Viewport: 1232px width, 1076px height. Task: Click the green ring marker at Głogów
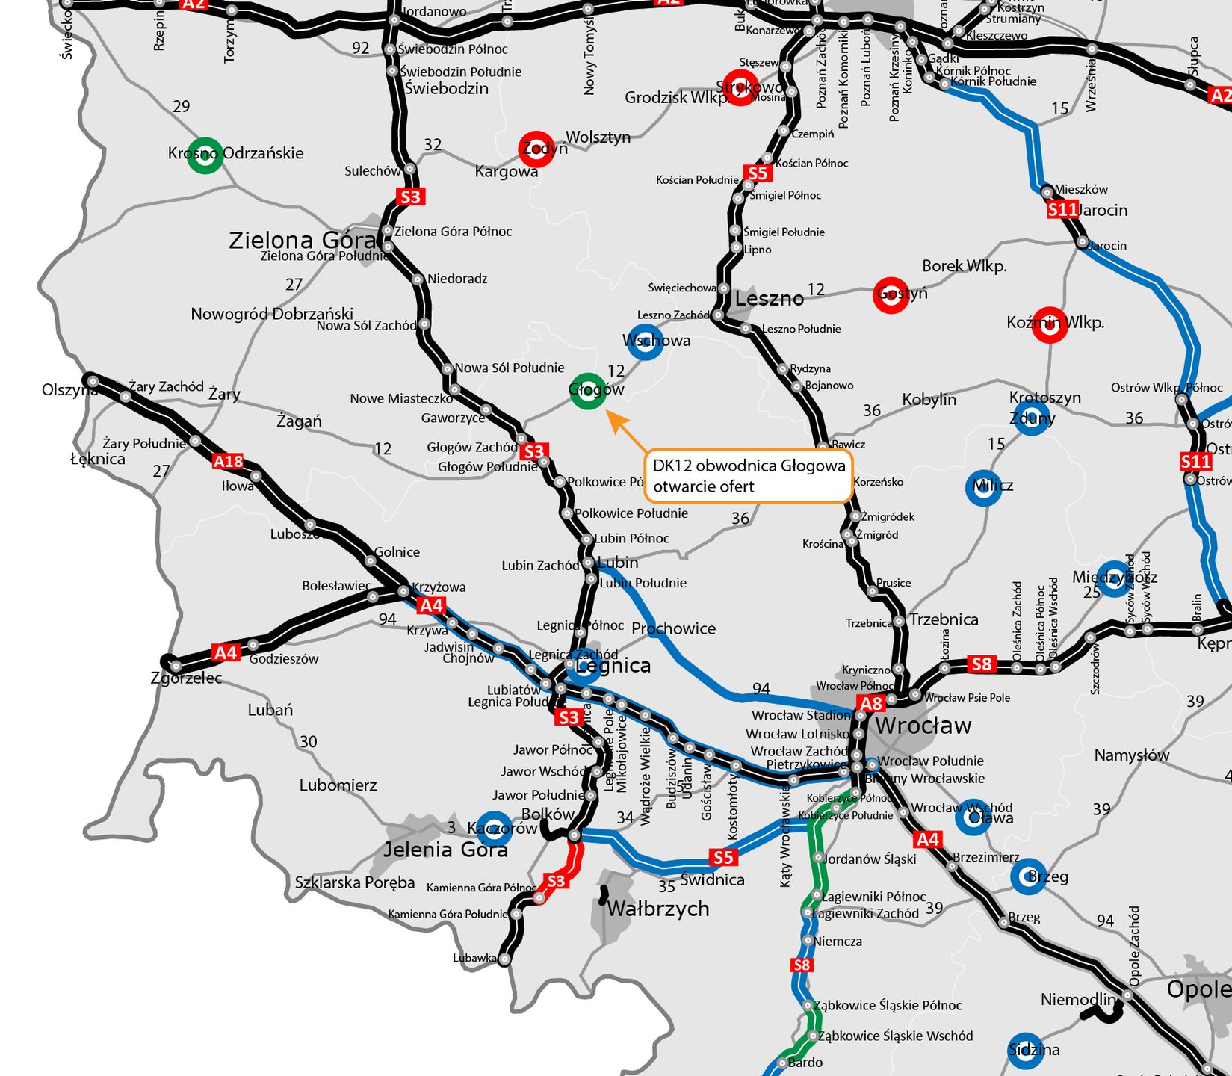click(588, 391)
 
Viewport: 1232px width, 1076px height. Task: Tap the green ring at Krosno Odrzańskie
click(204, 155)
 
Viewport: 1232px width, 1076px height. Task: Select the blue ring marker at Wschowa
click(645, 341)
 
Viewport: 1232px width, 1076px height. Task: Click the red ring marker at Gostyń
click(891, 295)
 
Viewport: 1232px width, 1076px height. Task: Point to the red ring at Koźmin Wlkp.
click(1049, 324)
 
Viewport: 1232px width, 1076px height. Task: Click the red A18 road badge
click(228, 461)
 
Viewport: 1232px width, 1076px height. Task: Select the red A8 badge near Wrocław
click(871, 703)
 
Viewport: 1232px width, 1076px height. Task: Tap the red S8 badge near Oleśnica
click(981, 664)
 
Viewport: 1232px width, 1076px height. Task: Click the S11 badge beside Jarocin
click(1062, 210)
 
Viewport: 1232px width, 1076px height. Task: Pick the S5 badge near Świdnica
click(722, 857)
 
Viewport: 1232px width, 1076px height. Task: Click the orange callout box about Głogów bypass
click(748, 476)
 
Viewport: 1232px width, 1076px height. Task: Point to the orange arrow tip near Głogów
click(609, 413)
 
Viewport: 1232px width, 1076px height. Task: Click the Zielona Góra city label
click(302, 240)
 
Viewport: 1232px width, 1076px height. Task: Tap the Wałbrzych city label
click(657, 909)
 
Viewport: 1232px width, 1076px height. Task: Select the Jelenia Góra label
click(445, 850)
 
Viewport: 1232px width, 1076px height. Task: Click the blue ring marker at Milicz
click(983, 488)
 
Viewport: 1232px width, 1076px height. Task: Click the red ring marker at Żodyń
click(536, 149)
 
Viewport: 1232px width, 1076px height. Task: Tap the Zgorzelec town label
click(186, 678)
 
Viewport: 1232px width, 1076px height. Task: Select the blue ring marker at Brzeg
click(1028, 876)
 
